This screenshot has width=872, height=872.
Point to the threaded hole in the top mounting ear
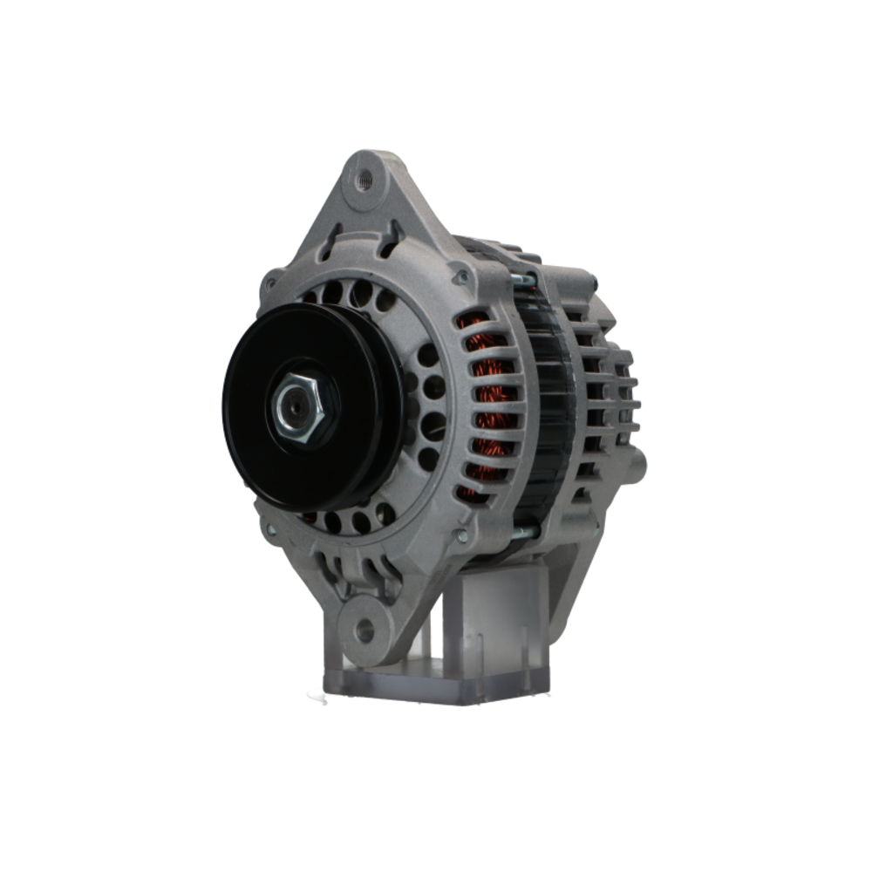coord(364,181)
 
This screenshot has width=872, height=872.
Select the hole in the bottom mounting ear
coord(364,630)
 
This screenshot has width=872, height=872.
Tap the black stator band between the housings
coord(547,410)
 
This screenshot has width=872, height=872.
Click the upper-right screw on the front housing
coord(460,277)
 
